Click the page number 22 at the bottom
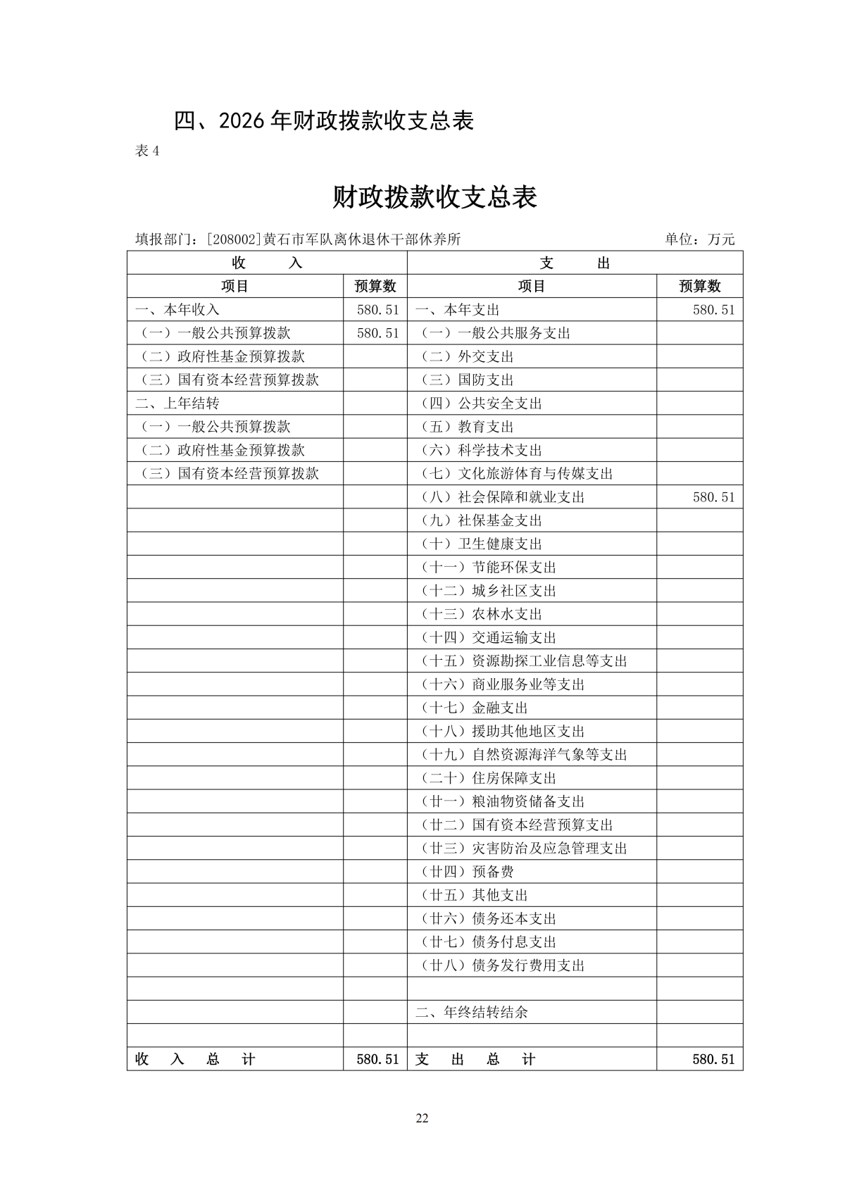(423, 1118)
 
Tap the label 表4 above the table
(147, 151)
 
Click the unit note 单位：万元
(699, 239)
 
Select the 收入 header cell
(267, 263)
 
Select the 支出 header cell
(575, 263)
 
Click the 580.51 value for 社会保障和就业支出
(713, 497)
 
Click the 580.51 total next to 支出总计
(713, 1059)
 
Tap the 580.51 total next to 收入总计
(377, 1059)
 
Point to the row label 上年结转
(177, 403)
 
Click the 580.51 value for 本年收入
(377, 310)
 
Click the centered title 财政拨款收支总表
(434, 198)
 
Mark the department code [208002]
(234, 239)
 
